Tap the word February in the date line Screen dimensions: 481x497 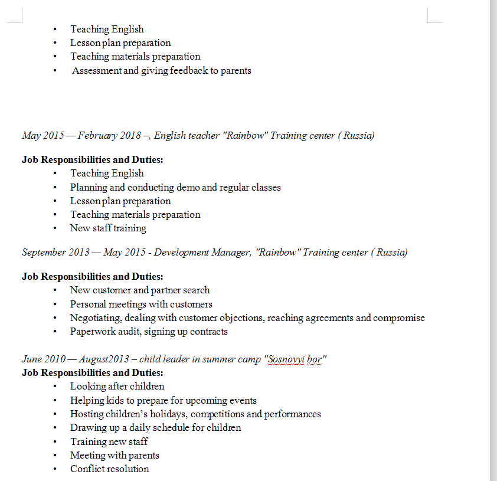[x=97, y=136]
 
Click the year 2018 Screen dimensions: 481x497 [x=130, y=136]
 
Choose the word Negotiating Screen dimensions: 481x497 [x=96, y=318]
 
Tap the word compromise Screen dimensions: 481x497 [x=399, y=318]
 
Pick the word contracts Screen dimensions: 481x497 [x=208, y=332]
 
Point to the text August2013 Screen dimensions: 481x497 [x=104, y=359]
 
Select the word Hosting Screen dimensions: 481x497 [x=87, y=414]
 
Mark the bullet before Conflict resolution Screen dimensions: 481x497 [x=55, y=469]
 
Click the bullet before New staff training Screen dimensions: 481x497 [x=55, y=228]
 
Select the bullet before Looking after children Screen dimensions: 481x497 [x=55, y=387]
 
